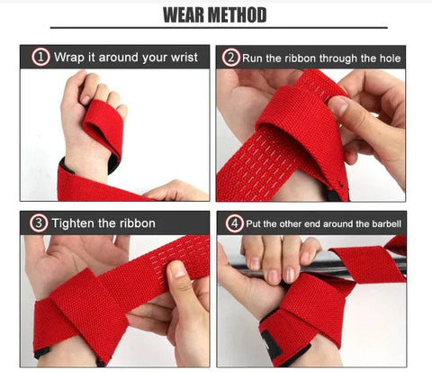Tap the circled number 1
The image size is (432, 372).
40,57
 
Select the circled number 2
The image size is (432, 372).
230,58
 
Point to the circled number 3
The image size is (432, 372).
39,223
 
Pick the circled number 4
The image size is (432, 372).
234,223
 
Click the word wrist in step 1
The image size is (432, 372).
184,57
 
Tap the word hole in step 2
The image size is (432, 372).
390,58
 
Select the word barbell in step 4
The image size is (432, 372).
387,224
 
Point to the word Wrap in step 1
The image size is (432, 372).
69,58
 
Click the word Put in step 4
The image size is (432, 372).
254,224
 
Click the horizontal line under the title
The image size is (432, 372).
219,28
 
